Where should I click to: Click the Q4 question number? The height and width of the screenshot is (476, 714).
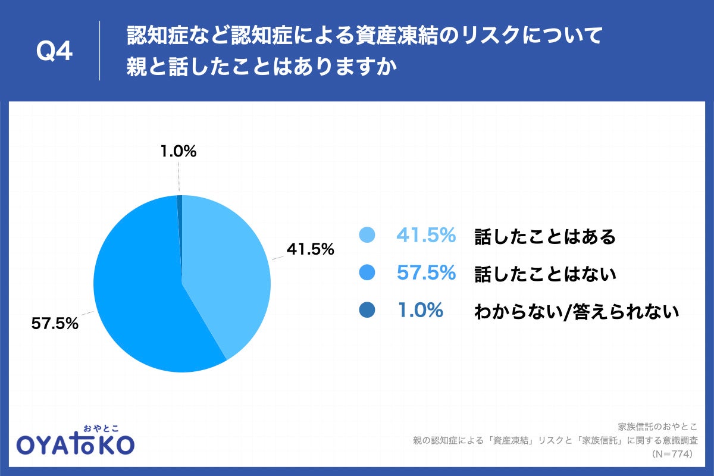pyautogui.click(x=54, y=52)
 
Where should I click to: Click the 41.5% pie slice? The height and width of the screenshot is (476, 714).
pyautogui.click(x=229, y=268)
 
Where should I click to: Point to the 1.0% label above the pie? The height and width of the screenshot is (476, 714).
pyautogui.click(x=178, y=152)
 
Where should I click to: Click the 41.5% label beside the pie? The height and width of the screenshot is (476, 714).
pyautogui.click(x=310, y=250)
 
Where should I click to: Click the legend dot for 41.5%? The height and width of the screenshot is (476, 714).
pyautogui.click(x=367, y=236)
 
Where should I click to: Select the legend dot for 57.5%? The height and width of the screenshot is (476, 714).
pyautogui.click(x=367, y=273)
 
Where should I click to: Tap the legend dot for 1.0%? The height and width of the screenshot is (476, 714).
pyautogui.click(x=367, y=310)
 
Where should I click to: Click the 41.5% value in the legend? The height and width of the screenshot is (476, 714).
pyautogui.click(x=426, y=236)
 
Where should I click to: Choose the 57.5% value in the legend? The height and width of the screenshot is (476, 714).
pyautogui.click(x=426, y=273)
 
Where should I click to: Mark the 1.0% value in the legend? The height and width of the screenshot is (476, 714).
pyautogui.click(x=419, y=310)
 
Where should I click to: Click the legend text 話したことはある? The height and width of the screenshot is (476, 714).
pyautogui.click(x=545, y=237)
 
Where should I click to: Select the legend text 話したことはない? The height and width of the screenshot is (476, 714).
pyautogui.click(x=545, y=274)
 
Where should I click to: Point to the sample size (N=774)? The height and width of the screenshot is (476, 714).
pyautogui.click(x=678, y=453)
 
